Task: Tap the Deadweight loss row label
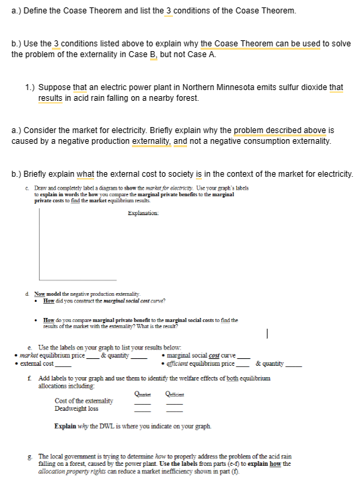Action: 76,409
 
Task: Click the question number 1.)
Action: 30,87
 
